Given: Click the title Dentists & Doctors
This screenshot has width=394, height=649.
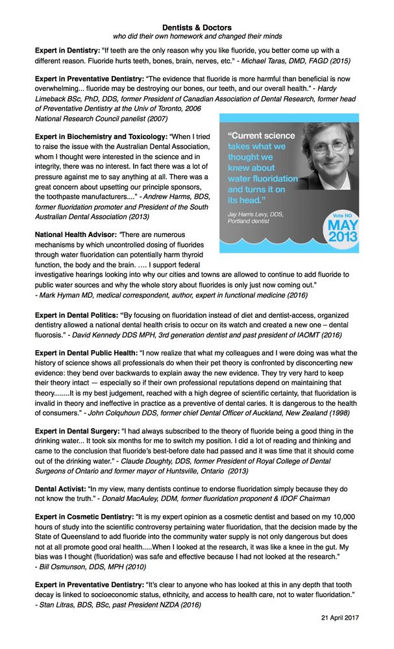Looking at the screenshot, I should (x=197, y=27).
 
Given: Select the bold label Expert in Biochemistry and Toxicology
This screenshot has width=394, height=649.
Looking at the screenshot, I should (x=101, y=136).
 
